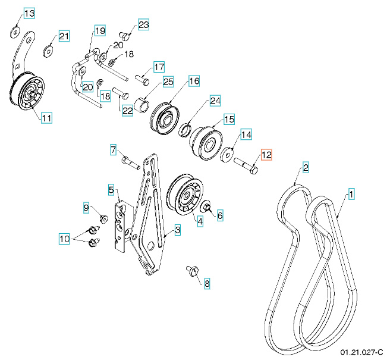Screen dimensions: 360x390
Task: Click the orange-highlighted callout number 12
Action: [266, 155]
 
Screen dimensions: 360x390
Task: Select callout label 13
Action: [29, 13]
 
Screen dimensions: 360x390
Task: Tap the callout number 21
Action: [64, 37]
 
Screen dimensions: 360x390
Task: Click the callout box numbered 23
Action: [143, 24]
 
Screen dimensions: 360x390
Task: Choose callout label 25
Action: [168, 82]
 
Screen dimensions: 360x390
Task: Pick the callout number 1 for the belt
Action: [351, 194]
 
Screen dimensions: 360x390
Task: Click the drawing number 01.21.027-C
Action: [361, 353]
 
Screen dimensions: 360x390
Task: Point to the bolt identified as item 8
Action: [192, 271]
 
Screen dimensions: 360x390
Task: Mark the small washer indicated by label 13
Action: [16, 30]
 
